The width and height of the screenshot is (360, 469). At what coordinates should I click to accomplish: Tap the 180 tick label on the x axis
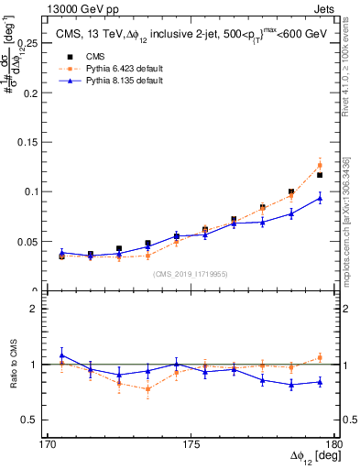(333, 443)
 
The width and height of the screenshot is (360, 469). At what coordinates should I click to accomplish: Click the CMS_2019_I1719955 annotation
(191, 273)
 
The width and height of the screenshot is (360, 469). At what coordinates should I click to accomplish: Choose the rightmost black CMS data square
(320, 175)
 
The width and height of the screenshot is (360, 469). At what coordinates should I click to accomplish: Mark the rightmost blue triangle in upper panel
(320, 198)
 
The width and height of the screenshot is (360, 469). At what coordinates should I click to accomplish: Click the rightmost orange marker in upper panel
(320, 165)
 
